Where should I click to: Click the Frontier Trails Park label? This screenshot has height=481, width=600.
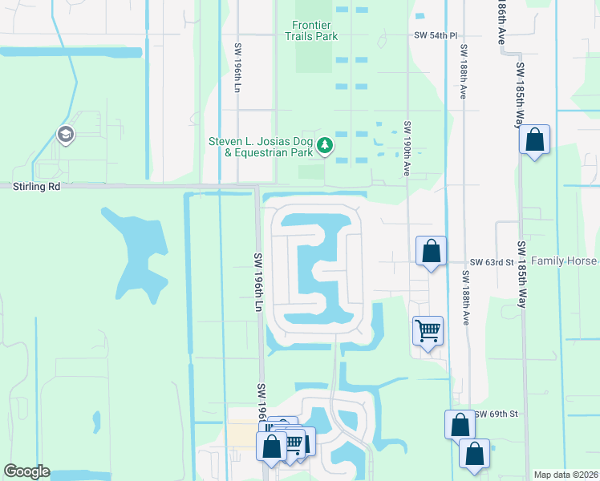click(310, 30)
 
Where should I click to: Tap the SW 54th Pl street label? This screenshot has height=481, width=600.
click(435, 36)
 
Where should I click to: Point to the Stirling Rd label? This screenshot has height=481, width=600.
click(36, 186)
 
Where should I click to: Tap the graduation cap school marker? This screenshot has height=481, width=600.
click(66, 135)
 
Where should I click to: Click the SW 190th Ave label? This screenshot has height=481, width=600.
click(407, 148)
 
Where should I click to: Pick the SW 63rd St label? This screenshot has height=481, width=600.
click(491, 262)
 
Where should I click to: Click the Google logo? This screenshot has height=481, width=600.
click(26, 471)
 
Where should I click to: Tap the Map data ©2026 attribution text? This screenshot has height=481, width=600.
click(565, 475)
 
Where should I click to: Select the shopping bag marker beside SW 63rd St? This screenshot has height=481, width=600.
click(431, 251)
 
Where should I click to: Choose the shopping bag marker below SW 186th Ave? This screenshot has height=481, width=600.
click(534, 140)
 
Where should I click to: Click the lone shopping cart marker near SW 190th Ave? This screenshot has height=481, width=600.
click(428, 329)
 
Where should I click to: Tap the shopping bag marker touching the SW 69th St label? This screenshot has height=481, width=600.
click(460, 425)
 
